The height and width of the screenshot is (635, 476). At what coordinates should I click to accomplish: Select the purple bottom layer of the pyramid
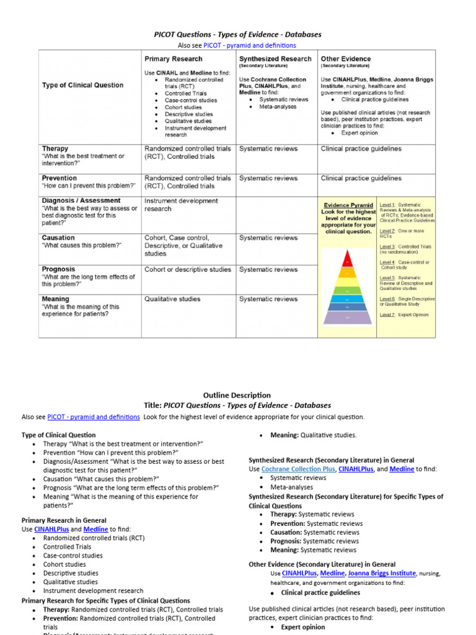click(x=347, y=317)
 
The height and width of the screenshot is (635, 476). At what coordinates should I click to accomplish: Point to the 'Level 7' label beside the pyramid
click(x=387, y=315)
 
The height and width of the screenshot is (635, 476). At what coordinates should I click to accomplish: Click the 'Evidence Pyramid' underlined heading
click(x=349, y=205)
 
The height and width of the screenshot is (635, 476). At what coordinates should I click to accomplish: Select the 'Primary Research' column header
click(x=173, y=59)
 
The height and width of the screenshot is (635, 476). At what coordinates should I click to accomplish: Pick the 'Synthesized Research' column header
click(x=275, y=59)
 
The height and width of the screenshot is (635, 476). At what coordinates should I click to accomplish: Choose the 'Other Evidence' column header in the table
click(x=346, y=59)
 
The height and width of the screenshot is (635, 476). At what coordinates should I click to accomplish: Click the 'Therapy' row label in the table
click(x=55, y=149)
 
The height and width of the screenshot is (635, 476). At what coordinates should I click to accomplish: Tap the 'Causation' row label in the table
click(x=58, y=238)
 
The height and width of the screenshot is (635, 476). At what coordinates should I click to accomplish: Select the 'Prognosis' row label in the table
click(x=58, y=269)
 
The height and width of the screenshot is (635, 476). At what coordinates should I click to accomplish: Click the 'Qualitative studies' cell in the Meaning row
click(x=172, y=299)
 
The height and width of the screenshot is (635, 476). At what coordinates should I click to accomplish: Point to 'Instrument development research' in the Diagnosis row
click(x=181, y=205)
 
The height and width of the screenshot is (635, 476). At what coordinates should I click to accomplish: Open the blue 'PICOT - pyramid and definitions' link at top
click(x=250, y=45)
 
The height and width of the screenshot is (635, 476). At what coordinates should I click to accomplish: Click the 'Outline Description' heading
click(x=237, y=395)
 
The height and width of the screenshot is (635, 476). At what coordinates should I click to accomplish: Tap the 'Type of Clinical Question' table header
click(x=82, y=85)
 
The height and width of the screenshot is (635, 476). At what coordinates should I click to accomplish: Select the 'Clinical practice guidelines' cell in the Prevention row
click(x=361, y=178)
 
